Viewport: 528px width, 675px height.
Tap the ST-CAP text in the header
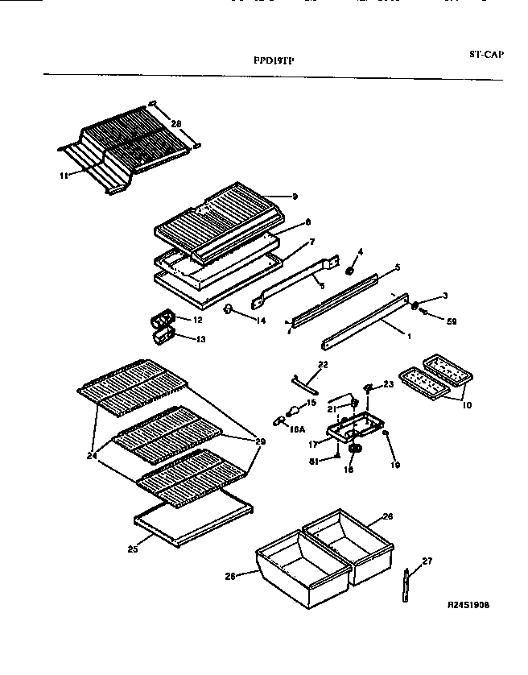[487, 55]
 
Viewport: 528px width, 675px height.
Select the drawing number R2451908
[468, 603]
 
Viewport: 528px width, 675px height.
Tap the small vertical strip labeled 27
[406, 586]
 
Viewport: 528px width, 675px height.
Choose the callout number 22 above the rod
[323, 366]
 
